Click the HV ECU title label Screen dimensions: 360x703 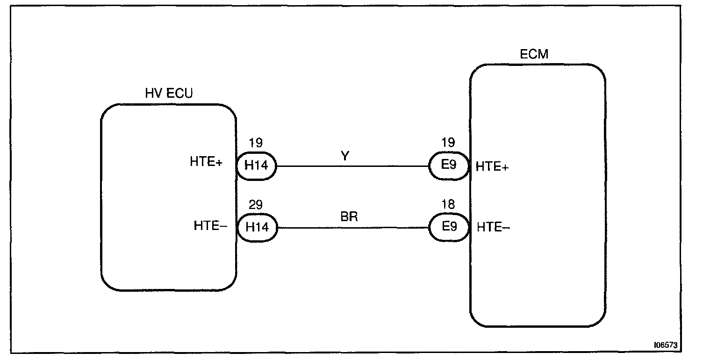tap(169, 94)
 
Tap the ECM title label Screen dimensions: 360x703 tap(534, 54)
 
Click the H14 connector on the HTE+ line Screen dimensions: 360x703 tap(257, 165)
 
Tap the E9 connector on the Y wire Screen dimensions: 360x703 tap(448, 165)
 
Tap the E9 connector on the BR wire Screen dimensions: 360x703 tap(448, 227)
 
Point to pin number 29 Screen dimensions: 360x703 tap(256, 205)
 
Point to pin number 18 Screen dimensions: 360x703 tap(448, 205)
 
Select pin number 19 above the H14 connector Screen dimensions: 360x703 tap(256, 143)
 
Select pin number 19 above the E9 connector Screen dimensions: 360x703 tap(448, 143)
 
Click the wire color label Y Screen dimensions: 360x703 tap(344, 157)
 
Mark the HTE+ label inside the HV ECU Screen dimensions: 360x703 tap(206, 162)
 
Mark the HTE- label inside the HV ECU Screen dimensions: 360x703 tap(210, 226)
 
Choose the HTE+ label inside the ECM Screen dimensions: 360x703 tap(492, 167)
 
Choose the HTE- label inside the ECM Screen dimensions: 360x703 tap(494, 228)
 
